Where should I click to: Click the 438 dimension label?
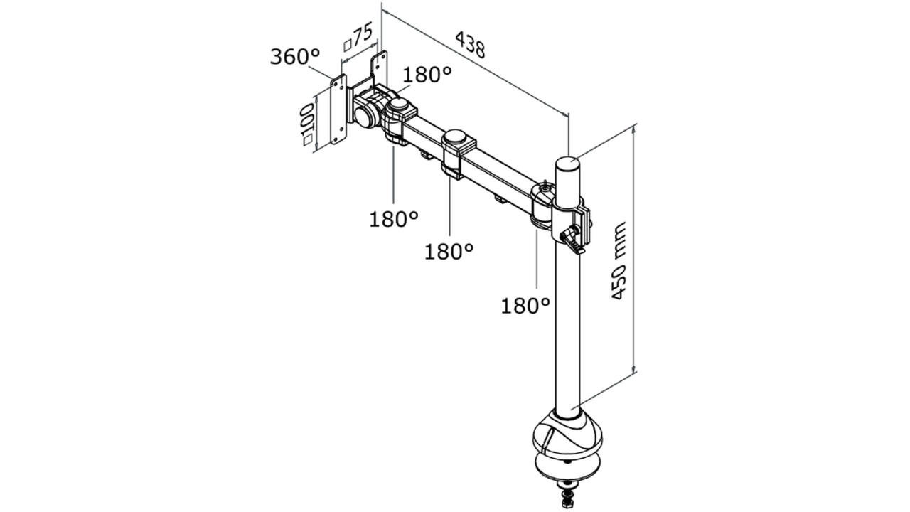[470, 45]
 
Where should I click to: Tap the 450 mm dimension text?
[619, 261]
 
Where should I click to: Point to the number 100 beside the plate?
[307, 119]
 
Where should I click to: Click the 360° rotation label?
[295, 56]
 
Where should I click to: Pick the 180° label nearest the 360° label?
[427, 75]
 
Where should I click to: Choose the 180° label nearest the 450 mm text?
[525, 306]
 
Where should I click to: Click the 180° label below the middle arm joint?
[449, 252]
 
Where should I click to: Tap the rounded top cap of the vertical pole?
[567, 164]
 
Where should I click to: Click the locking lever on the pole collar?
[573, 241]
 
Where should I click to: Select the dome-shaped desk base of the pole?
[567, 437]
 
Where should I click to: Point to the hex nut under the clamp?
[567, 503]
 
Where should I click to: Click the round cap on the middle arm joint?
[456, 137]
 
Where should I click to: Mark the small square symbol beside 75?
[348, 46]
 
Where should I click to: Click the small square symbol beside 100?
[308, 140]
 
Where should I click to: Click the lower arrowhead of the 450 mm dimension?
[633, 368]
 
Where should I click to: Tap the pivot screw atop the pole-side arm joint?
[545, 187]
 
